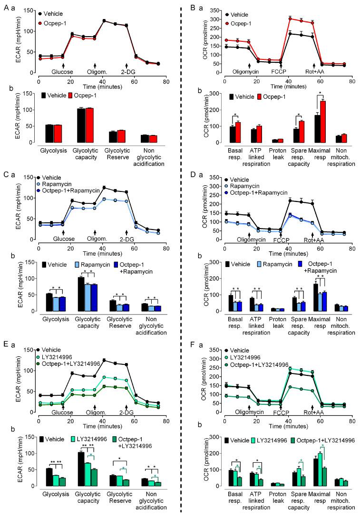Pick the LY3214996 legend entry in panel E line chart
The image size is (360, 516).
[x=60, y=357]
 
